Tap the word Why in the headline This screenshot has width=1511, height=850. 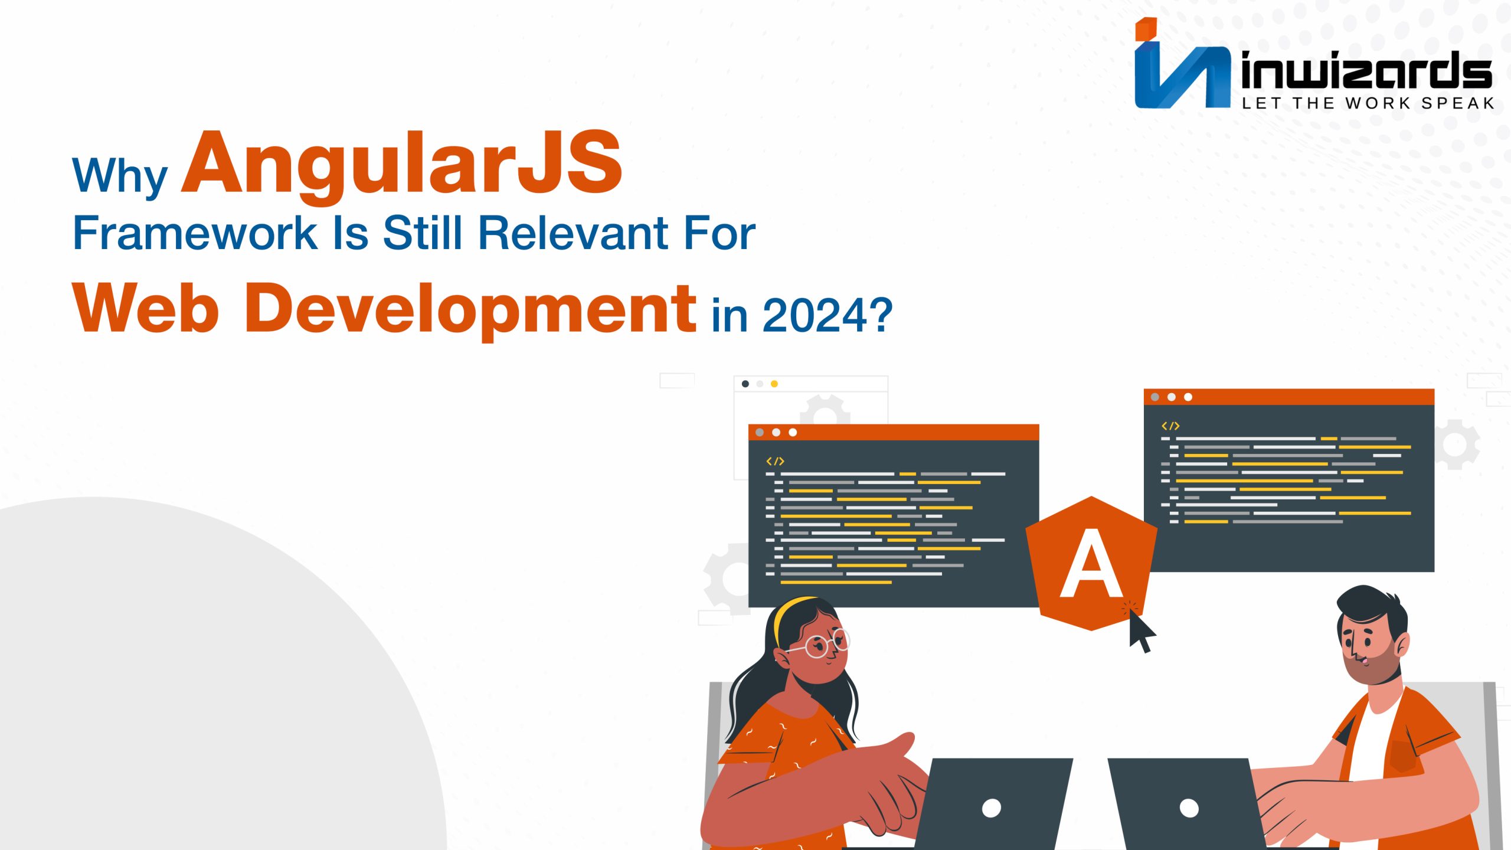click(119, 175)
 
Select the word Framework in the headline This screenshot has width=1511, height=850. click(195, 233)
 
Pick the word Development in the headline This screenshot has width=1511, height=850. click(470, 308)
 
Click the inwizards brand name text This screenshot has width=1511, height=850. click(1366, 71)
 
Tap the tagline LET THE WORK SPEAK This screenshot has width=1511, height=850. click(1368, 104)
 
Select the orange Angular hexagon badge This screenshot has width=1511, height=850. click(1091, 564)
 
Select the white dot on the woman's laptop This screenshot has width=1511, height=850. click(991, 807)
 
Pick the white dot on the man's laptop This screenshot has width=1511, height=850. click(1189, 807)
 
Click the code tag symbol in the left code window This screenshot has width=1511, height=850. click(774, 461)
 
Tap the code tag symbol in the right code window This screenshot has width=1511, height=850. click(1170, 426)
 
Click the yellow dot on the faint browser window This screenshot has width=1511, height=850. click(774, 384)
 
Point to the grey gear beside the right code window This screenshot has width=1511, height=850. click(1456, 444)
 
